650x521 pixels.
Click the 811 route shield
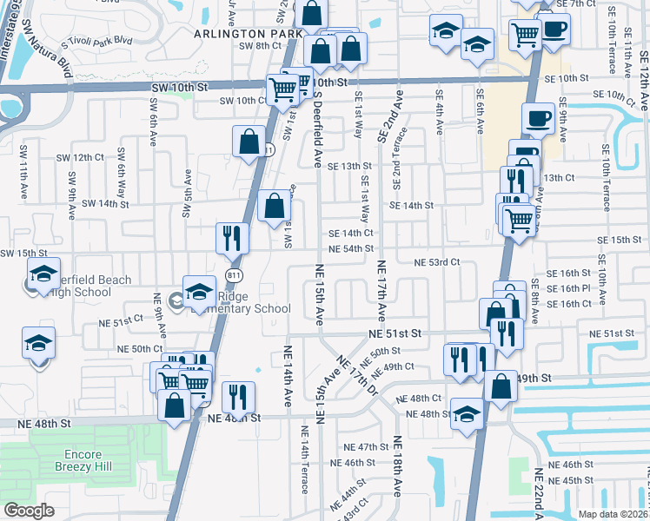(x=232, y=274)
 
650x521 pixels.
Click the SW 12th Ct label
(x=80, y=157)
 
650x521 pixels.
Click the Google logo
(x=30, y=510)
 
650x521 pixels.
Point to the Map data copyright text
(x=613, y=514)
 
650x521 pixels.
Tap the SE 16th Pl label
(x=570, y=287)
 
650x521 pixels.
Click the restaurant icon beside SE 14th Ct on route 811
(x=232, y=237)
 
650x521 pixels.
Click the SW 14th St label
(x=105, y=203)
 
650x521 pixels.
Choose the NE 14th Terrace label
(x=305, y=460)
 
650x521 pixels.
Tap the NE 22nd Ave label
(x=539, y=495)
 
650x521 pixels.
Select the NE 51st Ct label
(x=120, y=321)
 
